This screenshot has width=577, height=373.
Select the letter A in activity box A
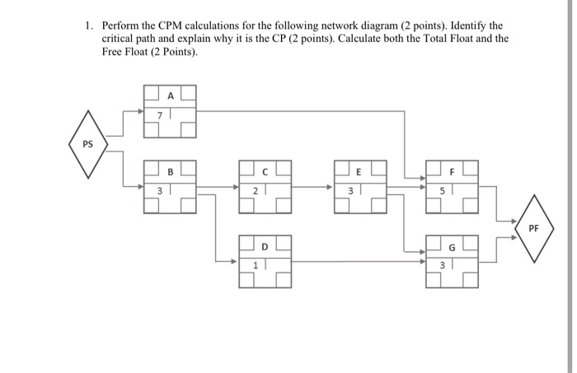(x=171, y=95)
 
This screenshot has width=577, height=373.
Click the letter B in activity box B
(x=171, y=172)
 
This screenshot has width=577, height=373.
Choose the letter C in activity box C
(x=265, y=172)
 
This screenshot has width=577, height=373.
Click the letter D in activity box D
(x=265, y=245)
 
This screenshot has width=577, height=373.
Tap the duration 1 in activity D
(x=255, y=264)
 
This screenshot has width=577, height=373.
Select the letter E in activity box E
(x=359, y=172)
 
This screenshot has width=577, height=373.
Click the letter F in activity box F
(x=453, y=172)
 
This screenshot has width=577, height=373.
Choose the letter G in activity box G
(x=453, y=245)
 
